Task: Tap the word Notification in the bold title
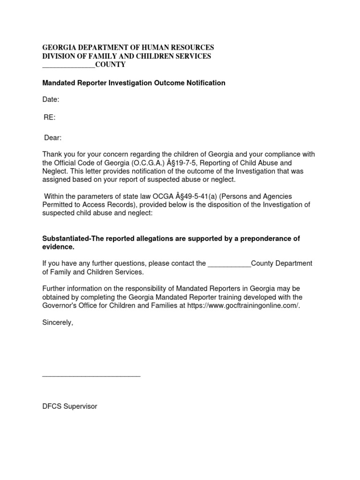click(x=205, y=83)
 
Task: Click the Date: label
click(x=51, y=99)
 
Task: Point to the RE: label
click(x=50, y=118)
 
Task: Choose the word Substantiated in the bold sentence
click(x=65, y=239)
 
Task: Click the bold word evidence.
click(x=58, y=247)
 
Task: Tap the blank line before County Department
click(x=229, y=264)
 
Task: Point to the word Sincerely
click(x=58, y=323)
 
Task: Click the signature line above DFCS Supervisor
click(x=91, y=375)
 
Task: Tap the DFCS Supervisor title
click(x=70, y=406)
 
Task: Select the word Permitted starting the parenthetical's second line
click(x=59, y=204)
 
